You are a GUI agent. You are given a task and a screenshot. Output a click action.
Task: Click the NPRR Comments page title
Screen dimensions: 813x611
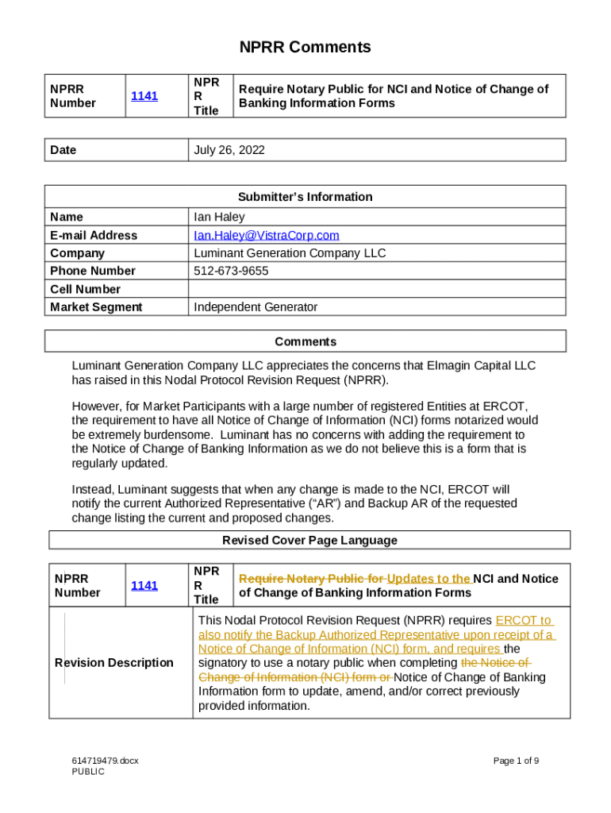(305, 48)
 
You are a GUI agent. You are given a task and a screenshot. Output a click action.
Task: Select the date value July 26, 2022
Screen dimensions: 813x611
(229, 150)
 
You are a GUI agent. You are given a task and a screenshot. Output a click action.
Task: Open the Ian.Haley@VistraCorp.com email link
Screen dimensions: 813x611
(266, 235)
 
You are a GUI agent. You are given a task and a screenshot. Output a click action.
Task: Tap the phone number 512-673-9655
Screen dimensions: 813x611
(231, 271)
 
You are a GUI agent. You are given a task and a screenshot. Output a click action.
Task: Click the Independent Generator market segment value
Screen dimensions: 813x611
(256, 307)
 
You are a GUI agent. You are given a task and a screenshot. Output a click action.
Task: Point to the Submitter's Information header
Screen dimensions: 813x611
(305, 197)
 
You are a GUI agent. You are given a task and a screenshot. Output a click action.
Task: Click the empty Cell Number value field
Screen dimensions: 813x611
(377, 289)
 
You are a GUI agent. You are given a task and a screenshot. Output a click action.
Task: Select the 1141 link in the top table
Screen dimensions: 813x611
(144, 96)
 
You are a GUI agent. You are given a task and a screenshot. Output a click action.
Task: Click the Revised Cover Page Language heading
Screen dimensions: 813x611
(309, 541)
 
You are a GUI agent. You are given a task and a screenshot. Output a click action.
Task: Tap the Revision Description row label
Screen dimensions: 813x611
(113, 663)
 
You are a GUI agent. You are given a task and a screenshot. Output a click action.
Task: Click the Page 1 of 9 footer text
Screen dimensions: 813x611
(516, 761)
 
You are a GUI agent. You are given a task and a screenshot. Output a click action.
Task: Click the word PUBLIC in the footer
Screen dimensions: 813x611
(87, 772)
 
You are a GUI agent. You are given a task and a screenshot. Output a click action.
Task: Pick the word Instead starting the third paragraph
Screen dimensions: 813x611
(93, 490)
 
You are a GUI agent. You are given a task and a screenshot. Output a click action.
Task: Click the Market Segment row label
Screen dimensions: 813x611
(96, 307)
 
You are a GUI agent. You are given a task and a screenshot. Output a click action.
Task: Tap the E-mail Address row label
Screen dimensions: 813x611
(93, 235)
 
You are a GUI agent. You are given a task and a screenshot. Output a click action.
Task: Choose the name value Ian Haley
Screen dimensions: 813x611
(219, 217)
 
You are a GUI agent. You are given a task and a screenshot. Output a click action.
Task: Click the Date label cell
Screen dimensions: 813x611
(63, 150)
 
